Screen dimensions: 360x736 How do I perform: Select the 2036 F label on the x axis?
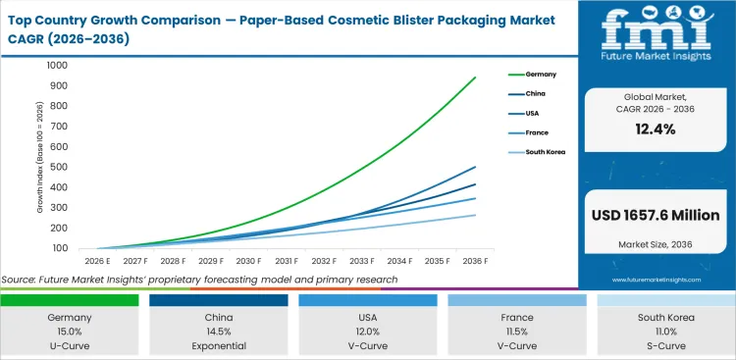point(476,261)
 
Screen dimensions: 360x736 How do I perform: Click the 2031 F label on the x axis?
point(286,261)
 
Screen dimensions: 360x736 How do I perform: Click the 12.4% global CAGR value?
point(656,129)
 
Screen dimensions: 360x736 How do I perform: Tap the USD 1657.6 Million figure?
point(656,215)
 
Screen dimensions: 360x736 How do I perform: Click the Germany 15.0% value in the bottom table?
point(69,333)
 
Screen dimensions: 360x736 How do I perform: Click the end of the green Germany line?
point(476,77)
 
